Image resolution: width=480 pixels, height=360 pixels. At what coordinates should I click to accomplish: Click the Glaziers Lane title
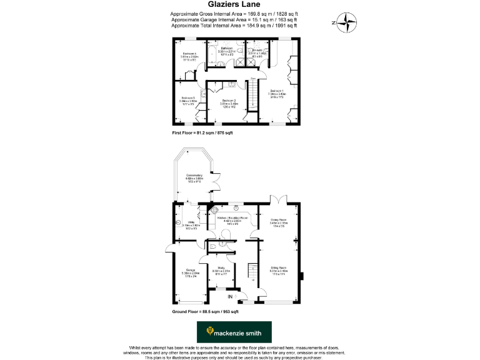pos(239,5)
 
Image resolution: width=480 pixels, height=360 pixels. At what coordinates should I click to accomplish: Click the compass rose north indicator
pos(346,22)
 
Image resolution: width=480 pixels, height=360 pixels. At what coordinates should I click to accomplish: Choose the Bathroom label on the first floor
pos(226,49)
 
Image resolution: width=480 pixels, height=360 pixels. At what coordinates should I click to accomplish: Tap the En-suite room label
pos(257,49)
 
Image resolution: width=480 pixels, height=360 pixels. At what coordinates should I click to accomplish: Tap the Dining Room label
pos(277,220)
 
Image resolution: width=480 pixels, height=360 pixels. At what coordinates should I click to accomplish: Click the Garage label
pos(190,270)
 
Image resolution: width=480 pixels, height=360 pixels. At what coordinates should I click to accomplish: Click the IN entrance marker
pos(230,296)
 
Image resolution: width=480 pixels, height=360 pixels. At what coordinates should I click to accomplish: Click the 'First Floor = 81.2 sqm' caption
pos(202,134)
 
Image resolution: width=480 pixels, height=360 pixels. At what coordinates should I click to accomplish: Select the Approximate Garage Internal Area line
pos(234,19)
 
